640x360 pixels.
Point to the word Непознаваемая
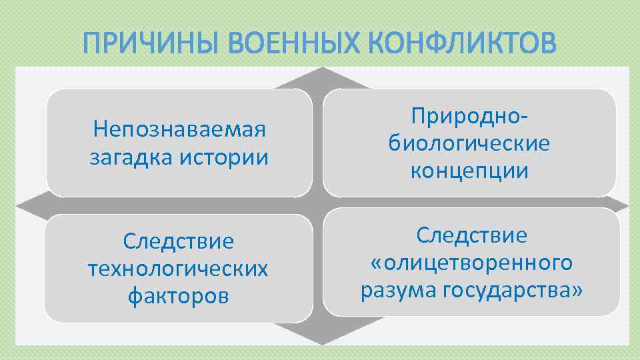coord(179,129)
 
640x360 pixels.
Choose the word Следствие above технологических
coord(179,241)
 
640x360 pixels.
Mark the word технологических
coord(179,268)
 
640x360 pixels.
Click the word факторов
coord(179,295)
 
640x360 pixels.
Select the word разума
coord(395,291)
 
